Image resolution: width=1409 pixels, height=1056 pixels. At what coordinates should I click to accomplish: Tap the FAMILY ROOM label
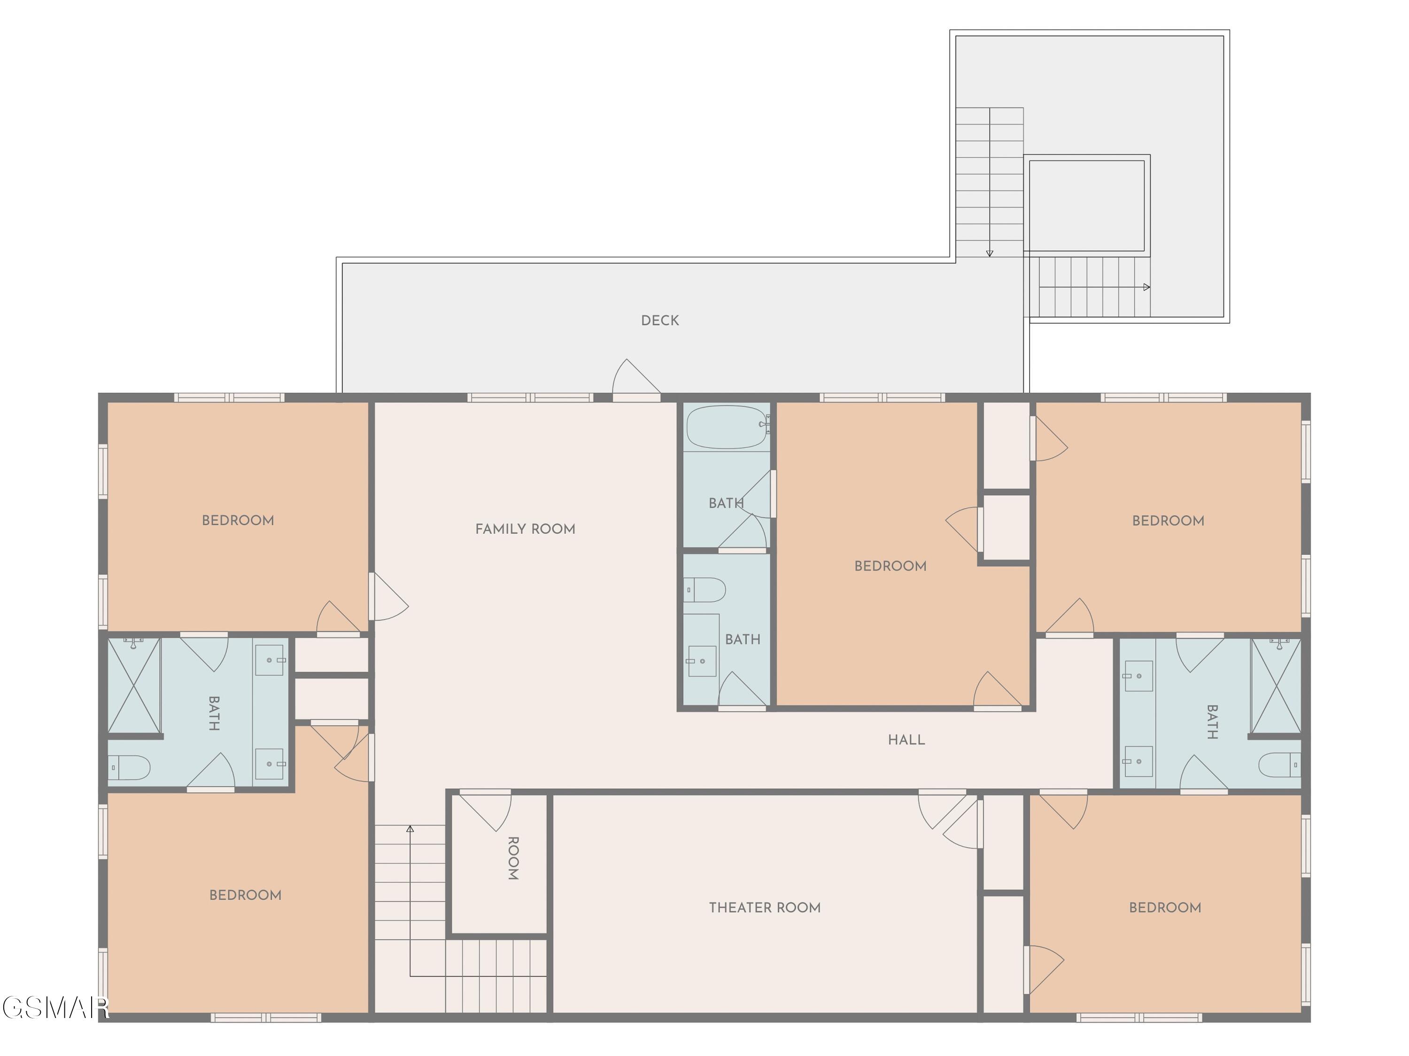click(x=526, y=529)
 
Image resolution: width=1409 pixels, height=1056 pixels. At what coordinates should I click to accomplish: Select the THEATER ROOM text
click(x=765, y=908)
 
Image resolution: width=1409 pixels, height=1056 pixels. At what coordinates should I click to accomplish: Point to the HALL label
click(x=906, y=740)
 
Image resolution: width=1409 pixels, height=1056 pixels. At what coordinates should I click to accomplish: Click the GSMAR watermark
click(x=55, y=1008)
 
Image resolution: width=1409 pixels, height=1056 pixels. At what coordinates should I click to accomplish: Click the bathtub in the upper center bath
click(x=727, y=427)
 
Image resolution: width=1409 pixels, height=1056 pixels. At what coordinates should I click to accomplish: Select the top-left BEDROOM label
click(x=238, y=520)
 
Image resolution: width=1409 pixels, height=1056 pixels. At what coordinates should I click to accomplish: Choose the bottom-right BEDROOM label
click(x=1165, y=908)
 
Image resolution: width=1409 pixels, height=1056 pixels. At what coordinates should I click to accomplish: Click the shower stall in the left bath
click(x=134, y=686)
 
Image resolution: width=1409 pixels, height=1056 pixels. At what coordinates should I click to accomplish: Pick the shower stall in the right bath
click(x=1276, y=686)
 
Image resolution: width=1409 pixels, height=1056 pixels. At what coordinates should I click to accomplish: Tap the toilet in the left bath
click(x=129, y=768)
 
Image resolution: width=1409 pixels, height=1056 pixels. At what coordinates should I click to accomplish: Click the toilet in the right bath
click(x=1280, y=765)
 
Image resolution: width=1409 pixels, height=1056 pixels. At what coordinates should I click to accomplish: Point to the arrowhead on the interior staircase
click(x=410, y=829)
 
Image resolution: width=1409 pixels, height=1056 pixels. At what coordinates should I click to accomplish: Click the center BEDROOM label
click(x=890, y=566)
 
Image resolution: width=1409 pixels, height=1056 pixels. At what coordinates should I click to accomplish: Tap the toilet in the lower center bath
click(x=705, y=590)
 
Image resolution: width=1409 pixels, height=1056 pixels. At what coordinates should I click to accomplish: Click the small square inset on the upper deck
click(x=1087, y=205)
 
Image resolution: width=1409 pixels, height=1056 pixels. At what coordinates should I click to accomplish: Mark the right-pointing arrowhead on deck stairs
click(x=1146, y=287)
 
